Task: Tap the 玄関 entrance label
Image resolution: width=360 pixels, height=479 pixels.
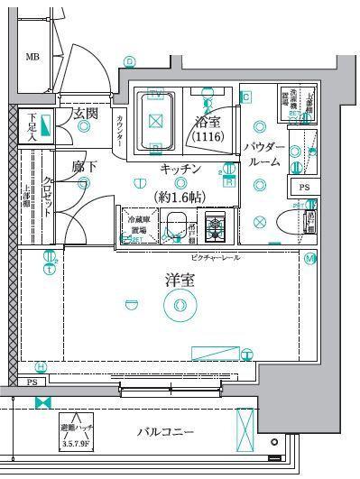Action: pyautogui.click(x=86, y=114)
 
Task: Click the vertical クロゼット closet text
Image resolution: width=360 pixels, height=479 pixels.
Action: pyautogui.click(x=46, y=193)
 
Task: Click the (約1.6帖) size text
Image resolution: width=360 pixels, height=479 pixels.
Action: pyautogui.click(x=181, y=195)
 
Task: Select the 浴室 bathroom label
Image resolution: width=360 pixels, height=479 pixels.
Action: pyautogui.click(x=208, y=120)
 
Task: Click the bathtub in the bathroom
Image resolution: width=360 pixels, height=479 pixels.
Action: pyautogui.click(x=155, y=121)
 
